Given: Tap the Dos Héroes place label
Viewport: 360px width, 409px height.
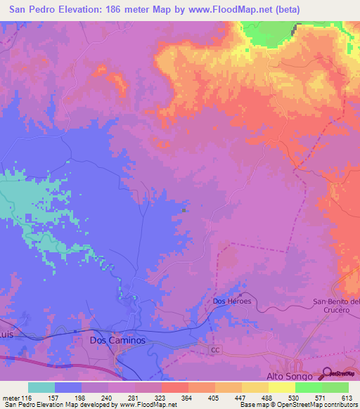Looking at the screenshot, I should pyautogui.click(x=231, y=301).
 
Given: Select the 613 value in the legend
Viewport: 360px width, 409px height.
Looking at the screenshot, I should pyautogui.click(x=347, y=398).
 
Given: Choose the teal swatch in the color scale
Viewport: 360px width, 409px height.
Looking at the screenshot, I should pyautogui.click(x=41, y=387).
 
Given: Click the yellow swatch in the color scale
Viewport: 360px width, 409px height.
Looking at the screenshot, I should pyautogui.click(x=282, y=387).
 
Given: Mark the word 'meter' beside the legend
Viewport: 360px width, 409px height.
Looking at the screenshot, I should pyautogui.click(x=12, y=398).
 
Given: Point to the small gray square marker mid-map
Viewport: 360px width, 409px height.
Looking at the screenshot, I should pyautogui.click(x=184, y=209).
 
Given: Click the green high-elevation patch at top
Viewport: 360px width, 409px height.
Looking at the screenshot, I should pyautogui.click(x=264, y=32).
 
